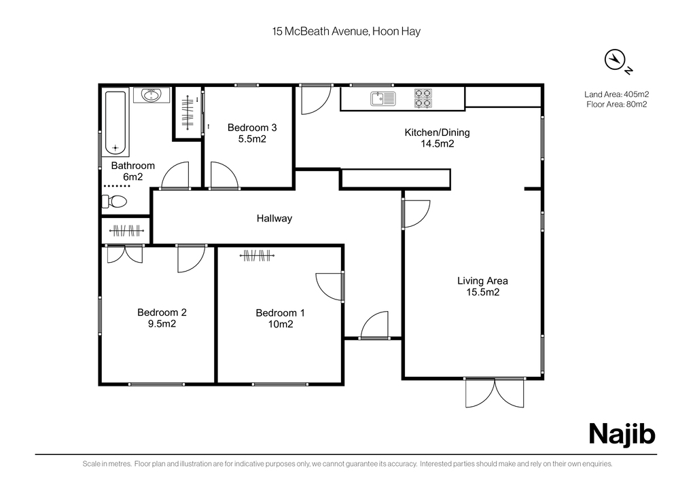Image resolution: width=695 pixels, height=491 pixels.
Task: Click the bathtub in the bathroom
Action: point(115,122)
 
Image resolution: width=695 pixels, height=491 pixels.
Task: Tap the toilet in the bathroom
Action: point(115,202)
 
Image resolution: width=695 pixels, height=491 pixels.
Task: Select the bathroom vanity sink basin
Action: point(152,95)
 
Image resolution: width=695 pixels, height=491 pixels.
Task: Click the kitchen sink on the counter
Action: point(383,98)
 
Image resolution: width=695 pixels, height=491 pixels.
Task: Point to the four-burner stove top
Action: point(423,98)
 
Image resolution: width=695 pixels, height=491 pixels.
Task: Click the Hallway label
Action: point(274,218)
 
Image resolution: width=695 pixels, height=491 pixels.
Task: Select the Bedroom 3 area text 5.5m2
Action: point(252,139)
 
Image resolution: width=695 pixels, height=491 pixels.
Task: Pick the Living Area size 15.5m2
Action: point(482,292)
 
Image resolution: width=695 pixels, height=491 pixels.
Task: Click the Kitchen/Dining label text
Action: point(437,132)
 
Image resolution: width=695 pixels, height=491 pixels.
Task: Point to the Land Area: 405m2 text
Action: point(617,94)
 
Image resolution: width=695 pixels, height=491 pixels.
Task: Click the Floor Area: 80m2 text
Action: point(617,105)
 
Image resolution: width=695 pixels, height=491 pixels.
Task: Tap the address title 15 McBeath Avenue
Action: point(321,31)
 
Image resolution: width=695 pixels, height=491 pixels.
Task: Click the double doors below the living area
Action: point(495,393)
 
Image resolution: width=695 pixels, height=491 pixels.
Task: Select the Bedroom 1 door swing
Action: point(329,287)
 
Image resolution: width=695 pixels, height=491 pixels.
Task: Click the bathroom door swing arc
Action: point(175,175)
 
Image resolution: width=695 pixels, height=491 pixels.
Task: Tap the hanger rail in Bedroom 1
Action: point(257,256)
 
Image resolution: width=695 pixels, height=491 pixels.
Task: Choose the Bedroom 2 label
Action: point(162,312)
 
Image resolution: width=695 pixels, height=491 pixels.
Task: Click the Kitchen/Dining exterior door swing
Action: point(316,100)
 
